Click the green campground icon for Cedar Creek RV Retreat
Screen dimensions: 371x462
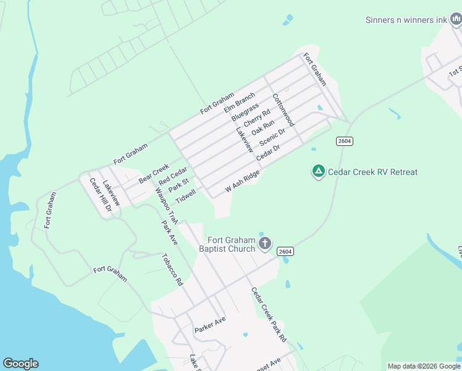pyautogui.click(x=318, y=171)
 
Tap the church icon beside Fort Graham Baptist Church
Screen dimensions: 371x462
pyautogui.click(x=265, y=243)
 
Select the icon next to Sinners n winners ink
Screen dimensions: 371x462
pyautogui.click(x=456, y=20)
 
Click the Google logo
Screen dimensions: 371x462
pyautogui.click(x=20, y=364)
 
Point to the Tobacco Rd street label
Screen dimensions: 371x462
pyautogui.click(x=172, y=270)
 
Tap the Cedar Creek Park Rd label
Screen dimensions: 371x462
pyautogui.click(x=269, y=315)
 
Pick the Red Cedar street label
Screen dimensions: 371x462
pyautogui.click(x=172, y=176)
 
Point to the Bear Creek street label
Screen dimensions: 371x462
pyautogui.click(x=154, y=173)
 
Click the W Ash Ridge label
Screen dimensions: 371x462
pyautogui.click(x=242, y=181)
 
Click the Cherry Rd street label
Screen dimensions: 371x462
pyautogui.click(x=257, y=118)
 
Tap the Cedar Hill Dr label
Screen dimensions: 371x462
pyautogui.click(x=100, y=195)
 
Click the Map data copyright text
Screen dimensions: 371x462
pyautogui.click(x=424, y=366)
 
